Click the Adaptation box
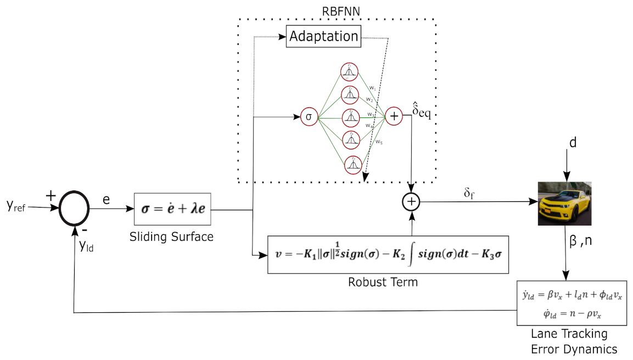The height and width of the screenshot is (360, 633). pyautogui.click(x=323, y=37)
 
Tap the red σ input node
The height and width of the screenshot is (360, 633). pyautogui.click(x=309, y=117)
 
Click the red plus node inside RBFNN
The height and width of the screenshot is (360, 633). pyautogui.click(x=394, y=116)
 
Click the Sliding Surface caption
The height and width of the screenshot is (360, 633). pyautogui.click(x=171, y=237)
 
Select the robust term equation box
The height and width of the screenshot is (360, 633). pyautogui.click(x=388, y=255)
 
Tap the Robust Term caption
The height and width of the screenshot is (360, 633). pyautogui.click(x=383, y=282)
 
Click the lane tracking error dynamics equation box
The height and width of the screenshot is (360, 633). pyautogui.click(x=572, y=302)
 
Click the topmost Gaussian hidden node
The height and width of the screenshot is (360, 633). pyautogui.click(x=349, y=72)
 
